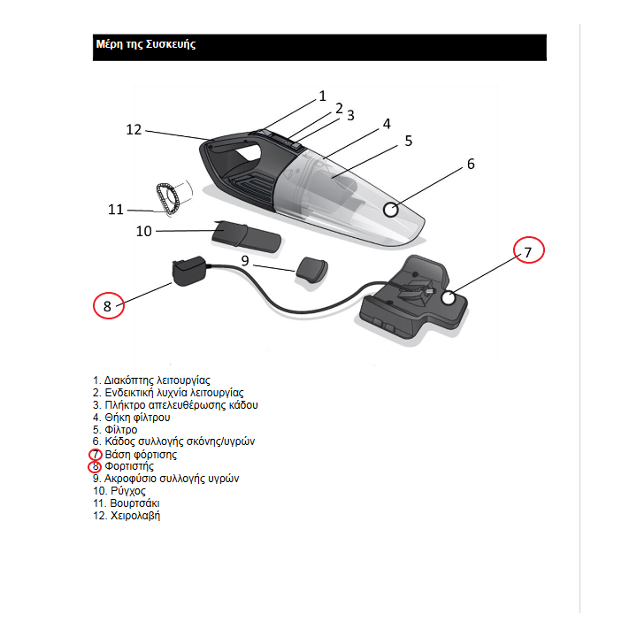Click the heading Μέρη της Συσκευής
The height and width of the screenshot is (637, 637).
145,44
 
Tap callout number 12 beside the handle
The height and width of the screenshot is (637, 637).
134,129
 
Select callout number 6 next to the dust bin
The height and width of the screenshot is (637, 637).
471,164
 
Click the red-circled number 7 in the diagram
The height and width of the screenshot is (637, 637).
528,252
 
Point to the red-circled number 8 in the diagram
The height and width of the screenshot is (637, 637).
108,306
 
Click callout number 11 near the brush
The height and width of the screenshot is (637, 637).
116,210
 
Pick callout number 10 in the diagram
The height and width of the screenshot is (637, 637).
144,231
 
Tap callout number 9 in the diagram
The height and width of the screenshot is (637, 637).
245,260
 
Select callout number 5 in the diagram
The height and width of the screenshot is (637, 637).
409,141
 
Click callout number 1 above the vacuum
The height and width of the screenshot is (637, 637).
322,96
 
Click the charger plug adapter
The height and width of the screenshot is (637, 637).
188,270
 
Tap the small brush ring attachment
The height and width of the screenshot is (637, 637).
168,196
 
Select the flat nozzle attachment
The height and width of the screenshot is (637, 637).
247,234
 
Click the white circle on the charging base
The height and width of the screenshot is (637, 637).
449,298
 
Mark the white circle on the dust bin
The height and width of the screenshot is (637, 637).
391,210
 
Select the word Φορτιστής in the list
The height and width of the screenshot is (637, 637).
129,465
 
